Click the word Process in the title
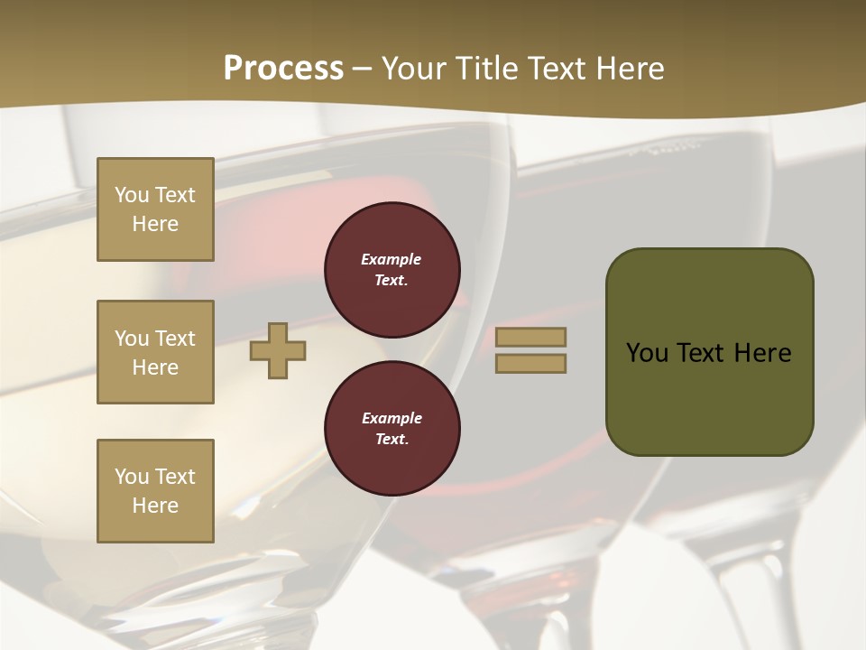283,69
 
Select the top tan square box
155,209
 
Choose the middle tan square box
155,352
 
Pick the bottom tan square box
155,491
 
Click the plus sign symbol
278,350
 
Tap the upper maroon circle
392,269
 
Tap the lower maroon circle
392,428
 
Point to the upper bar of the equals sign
530,337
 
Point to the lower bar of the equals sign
530,363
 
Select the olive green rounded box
709,352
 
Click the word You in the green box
647,353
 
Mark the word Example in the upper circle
392,259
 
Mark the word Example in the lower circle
392,418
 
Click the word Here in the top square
155,224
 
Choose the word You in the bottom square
132,477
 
